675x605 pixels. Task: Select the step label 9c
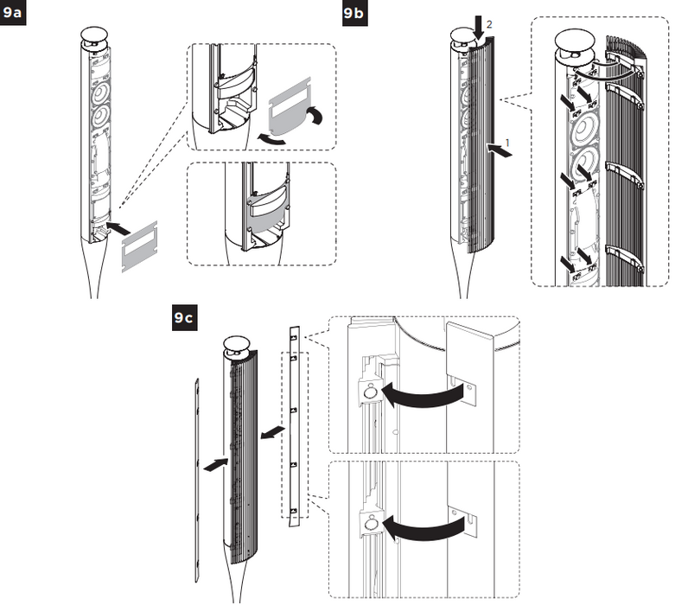click(x=184, y=319)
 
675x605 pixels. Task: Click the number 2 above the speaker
click(x=489, y=26)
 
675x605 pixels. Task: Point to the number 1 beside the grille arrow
click(x=489, y=139)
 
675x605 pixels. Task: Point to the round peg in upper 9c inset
click(x=369, y=390)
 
